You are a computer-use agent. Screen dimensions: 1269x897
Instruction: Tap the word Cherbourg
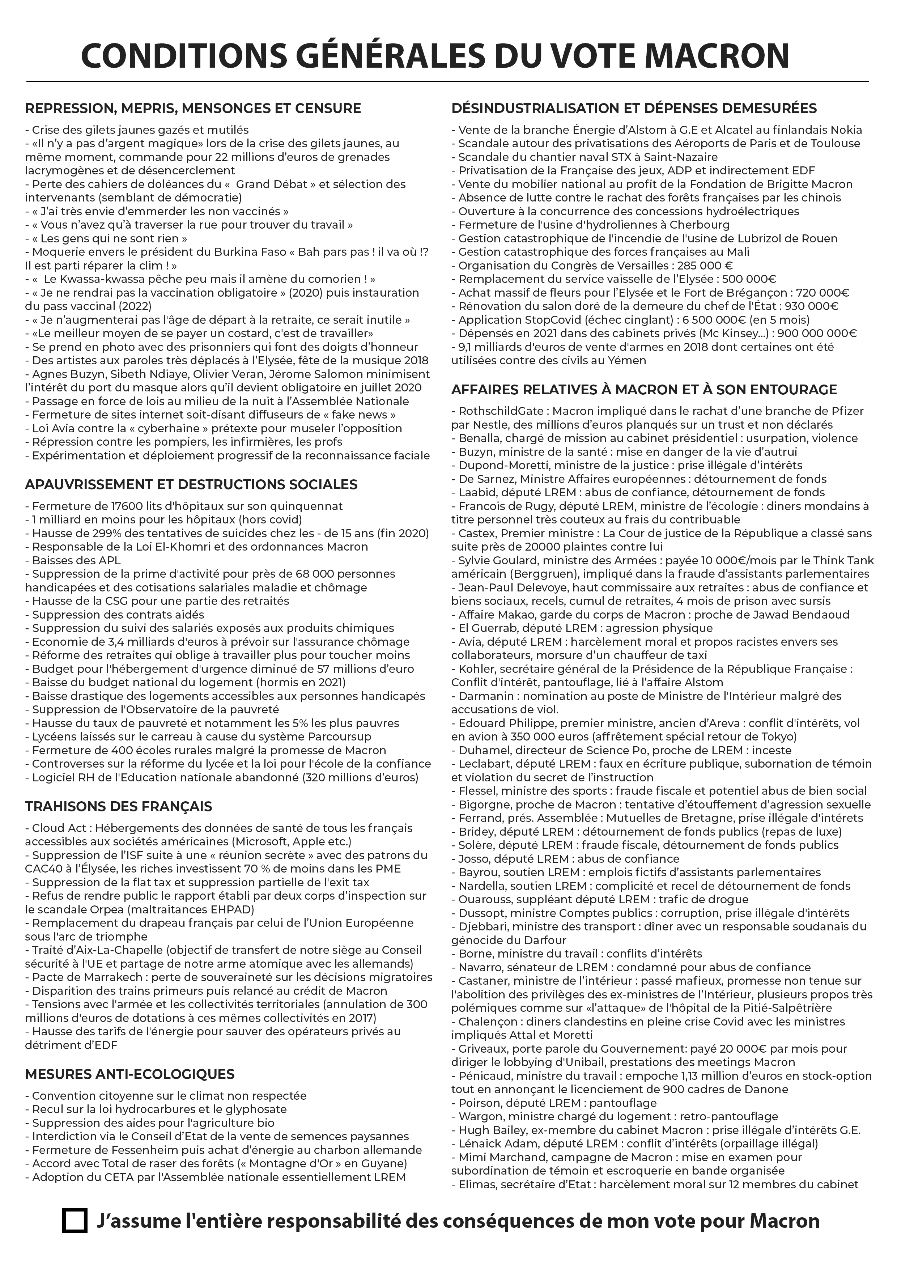(699, 225)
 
